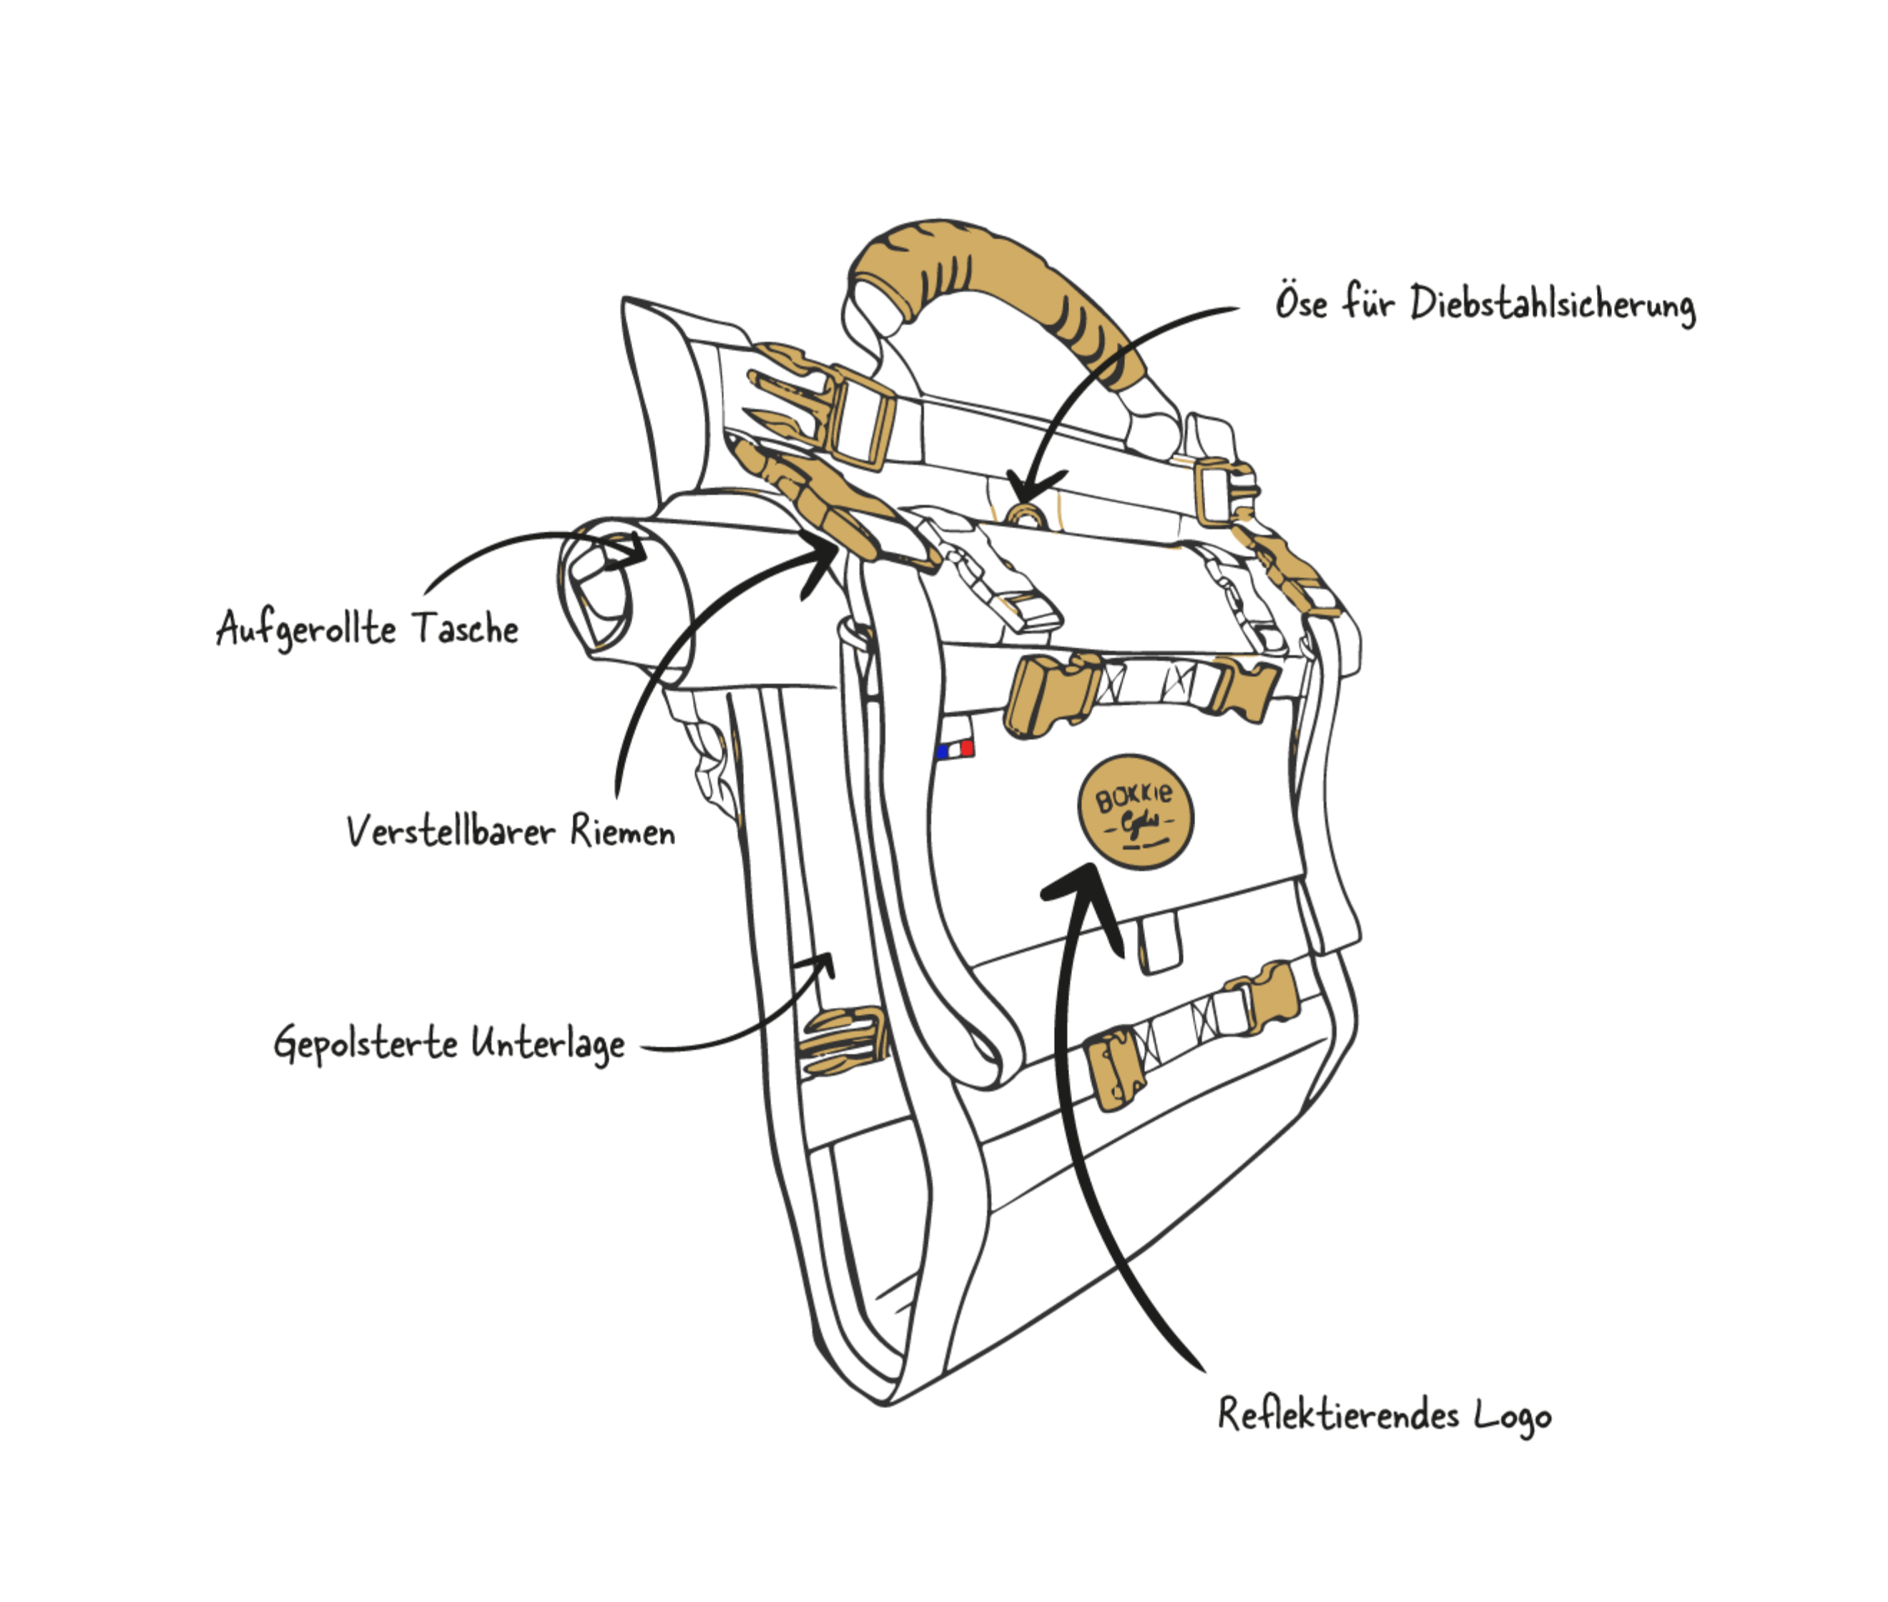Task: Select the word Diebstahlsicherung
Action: (1552, 305)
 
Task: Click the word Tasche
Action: (465, 629)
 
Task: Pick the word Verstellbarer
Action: (450, 831)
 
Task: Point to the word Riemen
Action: (623, 831)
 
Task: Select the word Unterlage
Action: (548, 1044)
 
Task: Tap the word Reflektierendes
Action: (1337, 1414)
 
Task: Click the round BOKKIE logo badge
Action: (1134, 811)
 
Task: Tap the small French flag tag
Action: (955, 750)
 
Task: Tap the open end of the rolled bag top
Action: (596, 586)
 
